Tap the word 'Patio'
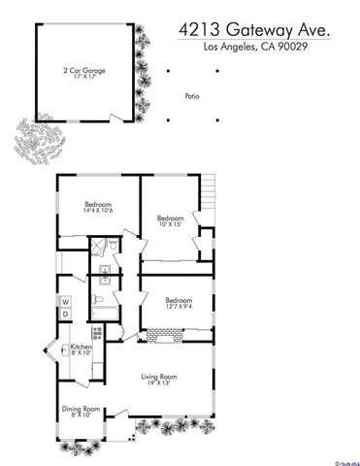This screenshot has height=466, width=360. pyautogui.click(x=192, y=96)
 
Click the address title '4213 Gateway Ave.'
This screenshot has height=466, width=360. pyautogui.click(x=254, y=31)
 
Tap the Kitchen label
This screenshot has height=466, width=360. pyautogui.click(x=81, y=347)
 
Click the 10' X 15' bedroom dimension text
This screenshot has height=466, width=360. pyautogui.click(x=171, y=224)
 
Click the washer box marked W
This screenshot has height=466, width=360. pyautogui.click(x=66, y=300)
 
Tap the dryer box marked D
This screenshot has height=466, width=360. pyautogui.click(x=66, y=314)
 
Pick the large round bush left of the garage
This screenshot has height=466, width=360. pyautogui.click(x=36, y=139)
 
